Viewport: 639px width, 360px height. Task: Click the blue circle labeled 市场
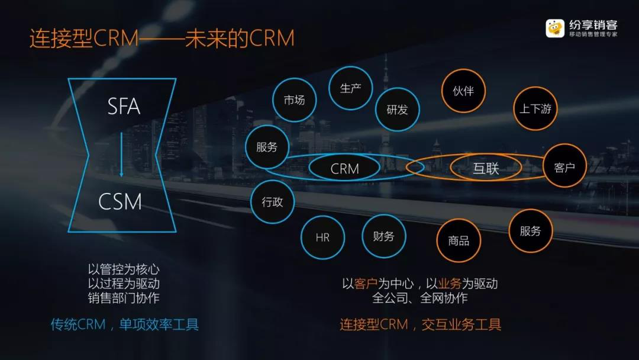pyautogui.click(x=294, y=100)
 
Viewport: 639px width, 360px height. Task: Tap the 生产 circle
pyautogui.click(x=350, y=88)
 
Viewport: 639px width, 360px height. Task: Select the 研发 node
pyautogui.click(x=398, y=110)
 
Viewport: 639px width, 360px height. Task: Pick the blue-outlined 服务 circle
pyautogui.click(x=267, y=147)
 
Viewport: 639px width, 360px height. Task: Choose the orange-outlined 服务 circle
pyautogui.click(x=531, y=231)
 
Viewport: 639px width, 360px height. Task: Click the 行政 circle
pyautogui.click(x=272, y=201)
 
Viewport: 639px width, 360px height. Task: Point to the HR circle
pyautogui.click(x=323, y=237)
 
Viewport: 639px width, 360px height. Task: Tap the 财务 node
pyautogui.click(x=384, y=236)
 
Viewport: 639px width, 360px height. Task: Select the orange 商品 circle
pyautogui.click(x=459, y=240)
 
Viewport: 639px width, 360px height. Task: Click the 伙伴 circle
pyautogui.click(x=463, y=91)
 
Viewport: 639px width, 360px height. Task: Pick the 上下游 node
pyautogui.click(x=535, y=108)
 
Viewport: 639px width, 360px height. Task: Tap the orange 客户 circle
pyautogui.click(x=564, y=166)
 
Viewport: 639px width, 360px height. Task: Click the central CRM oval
pyautogui.click(x=344, y=168)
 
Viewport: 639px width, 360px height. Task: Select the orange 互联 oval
pyautogui.click(x=486, y=168)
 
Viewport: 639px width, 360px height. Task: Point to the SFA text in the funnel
pyautogui.click(x=124, y=107)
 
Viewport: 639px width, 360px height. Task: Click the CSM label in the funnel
pyautogui.click(x=120, y=201)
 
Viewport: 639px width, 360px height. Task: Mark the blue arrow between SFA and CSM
pyautogui.click(x=121, y=155)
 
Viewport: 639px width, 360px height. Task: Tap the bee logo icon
pyautogui.click(x=555, y=28)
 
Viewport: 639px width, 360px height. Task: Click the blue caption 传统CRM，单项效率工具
pyautogui.click(x=125, y=324)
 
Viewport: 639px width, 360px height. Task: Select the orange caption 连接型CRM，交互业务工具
pyautogui.click(x=420, y=324)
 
